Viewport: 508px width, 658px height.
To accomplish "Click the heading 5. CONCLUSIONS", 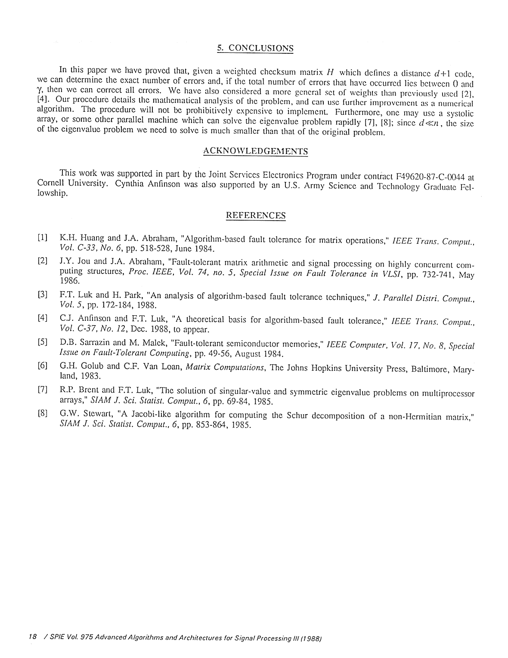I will (255, 48).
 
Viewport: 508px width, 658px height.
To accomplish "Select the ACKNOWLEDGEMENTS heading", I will (255, 151).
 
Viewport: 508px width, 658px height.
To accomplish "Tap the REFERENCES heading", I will (256, 215).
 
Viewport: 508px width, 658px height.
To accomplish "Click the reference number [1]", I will (42, 237).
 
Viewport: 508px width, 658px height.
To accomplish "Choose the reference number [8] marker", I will (42, 414).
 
